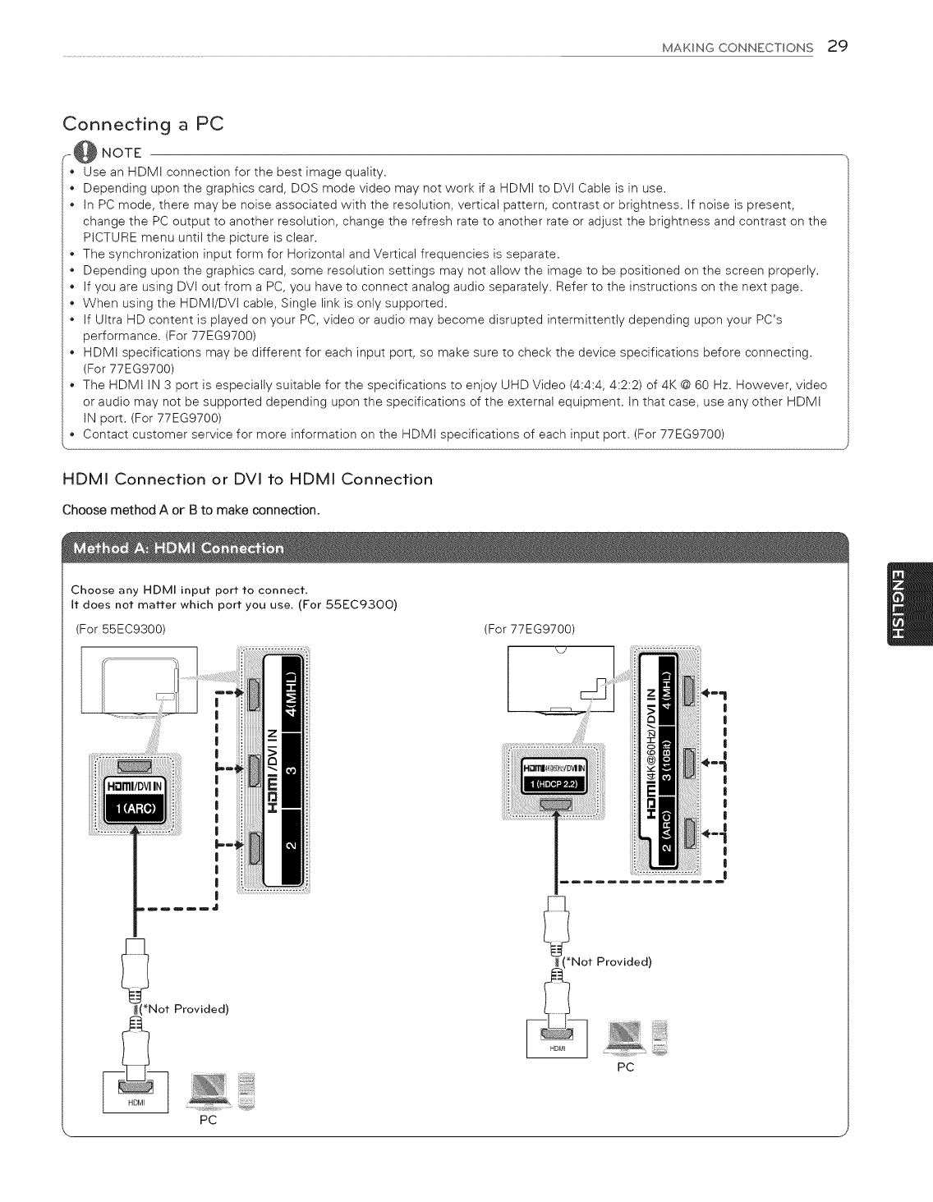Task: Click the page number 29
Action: click(x=837, y=46)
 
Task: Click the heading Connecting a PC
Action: click(x=143, y=124)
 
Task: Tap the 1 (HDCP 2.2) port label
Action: click(x=552, y=783)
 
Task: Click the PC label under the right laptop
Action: click(x=625, y=1067)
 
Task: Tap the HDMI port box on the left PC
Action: click(x=136, y=1091)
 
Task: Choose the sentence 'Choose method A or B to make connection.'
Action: click(x=191, y=510)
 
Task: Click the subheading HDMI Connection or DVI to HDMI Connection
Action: click(x=247, y=479)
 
